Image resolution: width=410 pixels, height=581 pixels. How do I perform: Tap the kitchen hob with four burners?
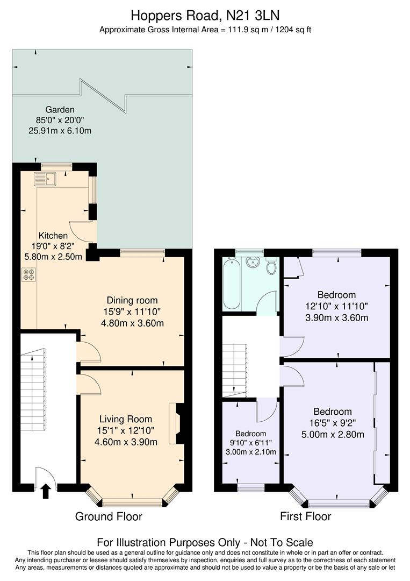(28, 274)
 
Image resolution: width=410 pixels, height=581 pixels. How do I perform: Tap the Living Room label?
(126, 419)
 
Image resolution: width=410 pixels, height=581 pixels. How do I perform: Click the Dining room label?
(132, 300)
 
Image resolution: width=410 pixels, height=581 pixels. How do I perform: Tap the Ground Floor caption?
(109, 517)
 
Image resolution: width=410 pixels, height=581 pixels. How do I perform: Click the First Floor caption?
(305, 517)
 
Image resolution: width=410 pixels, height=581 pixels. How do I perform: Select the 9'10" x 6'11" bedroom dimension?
(250, 443)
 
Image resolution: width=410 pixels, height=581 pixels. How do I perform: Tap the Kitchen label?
(53, 236)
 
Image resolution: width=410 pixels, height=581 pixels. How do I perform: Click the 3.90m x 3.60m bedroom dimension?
(336, 317)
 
